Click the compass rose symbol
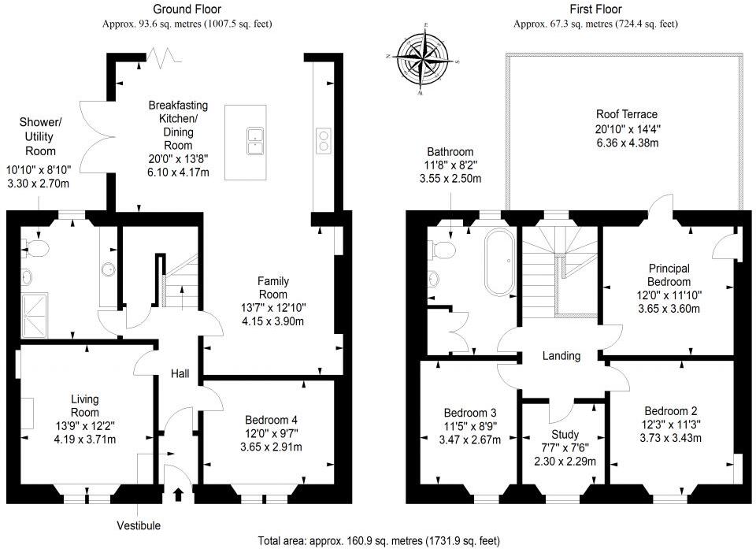tap(424, 59)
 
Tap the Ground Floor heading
tap(187, 9)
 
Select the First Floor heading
tap(595, 9)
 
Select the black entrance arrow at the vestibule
tap(177, 495)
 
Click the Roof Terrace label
tap(626, 114)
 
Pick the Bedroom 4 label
tap(270, 420)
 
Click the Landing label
tap(561, 356)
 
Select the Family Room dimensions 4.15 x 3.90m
tap(273, 321)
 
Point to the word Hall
tap(180, 374)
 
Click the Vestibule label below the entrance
tap(139, 525)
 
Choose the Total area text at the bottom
tap(378, 541)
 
